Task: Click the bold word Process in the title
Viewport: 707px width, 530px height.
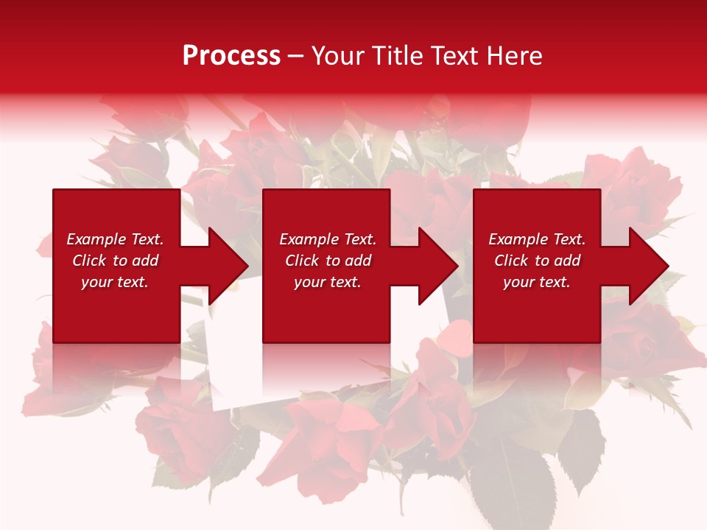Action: point(231,56)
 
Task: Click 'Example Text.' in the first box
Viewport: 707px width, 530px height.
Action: point(115,239)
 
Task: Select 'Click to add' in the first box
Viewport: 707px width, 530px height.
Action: point(115,261)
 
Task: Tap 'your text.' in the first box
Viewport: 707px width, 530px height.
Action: point(115,282)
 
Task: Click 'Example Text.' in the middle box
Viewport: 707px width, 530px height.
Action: point(328,239)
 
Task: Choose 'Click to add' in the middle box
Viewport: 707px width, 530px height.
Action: point(328,261)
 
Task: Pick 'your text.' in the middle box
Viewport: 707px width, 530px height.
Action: point(328,282)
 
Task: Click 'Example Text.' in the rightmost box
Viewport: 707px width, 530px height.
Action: point(537,239)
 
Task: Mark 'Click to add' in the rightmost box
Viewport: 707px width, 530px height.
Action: point(537,261)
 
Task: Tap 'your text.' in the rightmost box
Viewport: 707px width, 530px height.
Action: point(537,282)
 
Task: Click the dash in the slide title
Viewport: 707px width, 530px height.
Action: point(295,57)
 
